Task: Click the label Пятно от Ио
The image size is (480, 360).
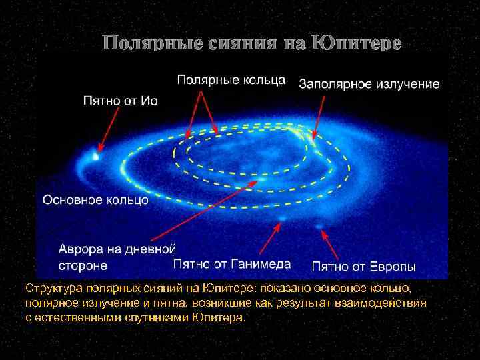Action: click(x=119, y=101)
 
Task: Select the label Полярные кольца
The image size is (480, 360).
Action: click(x=231, y=81)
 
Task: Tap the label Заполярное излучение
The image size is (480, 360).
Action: click(x=369, y=85)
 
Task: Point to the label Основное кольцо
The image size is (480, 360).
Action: click(x=95, y=199)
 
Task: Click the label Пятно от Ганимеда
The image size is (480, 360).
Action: click(x=232, y=264)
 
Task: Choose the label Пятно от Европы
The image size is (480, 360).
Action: click(x=364, y=267)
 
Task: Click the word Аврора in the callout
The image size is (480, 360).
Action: click(x=79, y=249)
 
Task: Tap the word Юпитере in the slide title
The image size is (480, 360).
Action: click(x=359, y=44)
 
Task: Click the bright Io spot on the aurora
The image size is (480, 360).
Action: click(x=96, y=157)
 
